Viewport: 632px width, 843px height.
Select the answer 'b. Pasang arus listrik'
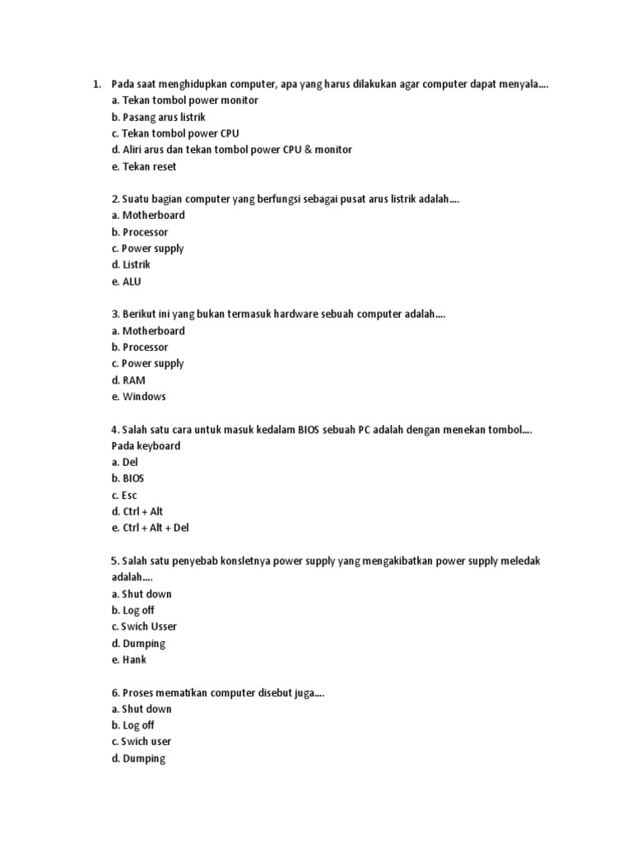coord(158,117)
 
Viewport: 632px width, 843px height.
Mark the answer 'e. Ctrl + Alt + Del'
coord(150,528)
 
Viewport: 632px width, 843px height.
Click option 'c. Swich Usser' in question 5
coord(143,626)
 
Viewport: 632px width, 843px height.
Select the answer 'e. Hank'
coord(128,659)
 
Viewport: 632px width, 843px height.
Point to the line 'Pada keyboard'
coord(146,446)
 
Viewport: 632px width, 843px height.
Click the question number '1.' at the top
coord(97,84)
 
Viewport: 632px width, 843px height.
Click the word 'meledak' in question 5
coord(519,561)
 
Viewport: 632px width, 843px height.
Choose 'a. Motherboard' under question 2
coord(148,216)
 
